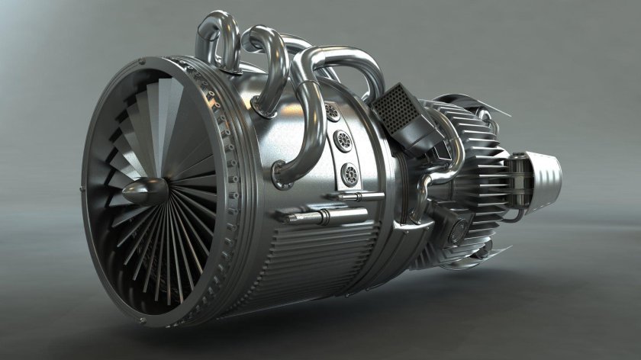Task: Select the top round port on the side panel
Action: [332, 113]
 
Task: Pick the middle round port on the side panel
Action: [343, 140]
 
